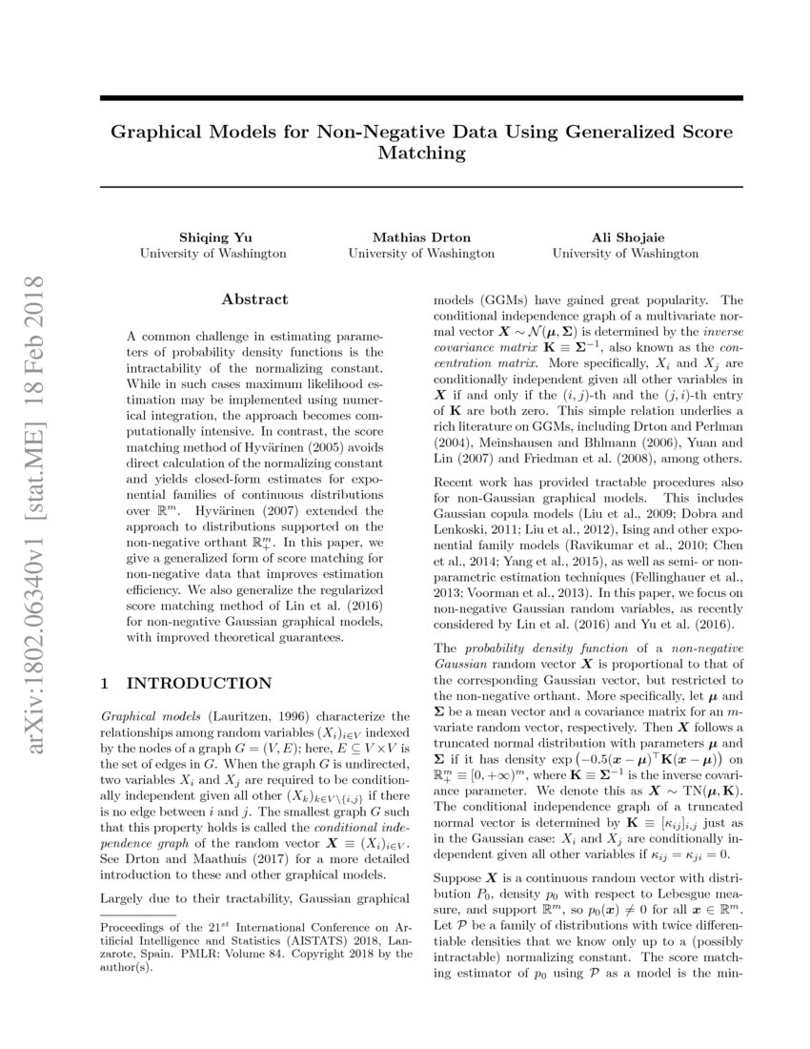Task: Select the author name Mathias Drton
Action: point(420,237)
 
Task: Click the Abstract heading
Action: point(254,299)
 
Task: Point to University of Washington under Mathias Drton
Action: point(420,254)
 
